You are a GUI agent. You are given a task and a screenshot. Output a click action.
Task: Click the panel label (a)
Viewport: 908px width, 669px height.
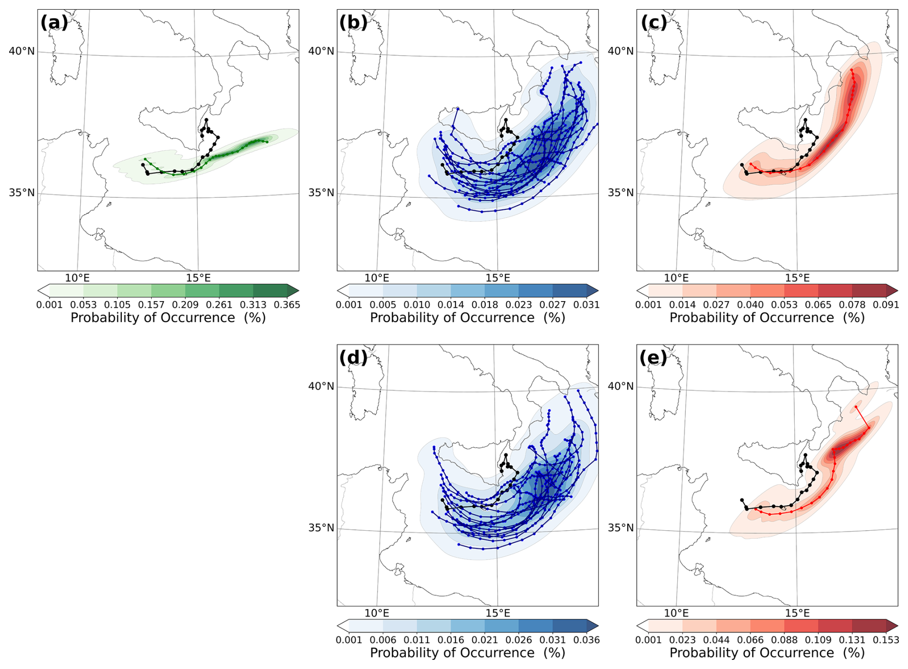54,23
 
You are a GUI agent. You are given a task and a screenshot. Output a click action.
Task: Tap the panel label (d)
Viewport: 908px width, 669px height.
353,357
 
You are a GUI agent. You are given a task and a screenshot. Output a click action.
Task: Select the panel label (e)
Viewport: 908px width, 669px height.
653,357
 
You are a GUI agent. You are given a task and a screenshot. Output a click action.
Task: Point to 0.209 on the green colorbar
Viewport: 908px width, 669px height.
186,304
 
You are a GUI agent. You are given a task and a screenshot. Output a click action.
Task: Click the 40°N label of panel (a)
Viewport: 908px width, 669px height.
22,51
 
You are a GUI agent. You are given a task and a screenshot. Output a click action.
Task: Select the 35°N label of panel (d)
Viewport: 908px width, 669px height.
321,528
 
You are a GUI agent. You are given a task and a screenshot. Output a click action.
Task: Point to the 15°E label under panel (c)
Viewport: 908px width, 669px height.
797,278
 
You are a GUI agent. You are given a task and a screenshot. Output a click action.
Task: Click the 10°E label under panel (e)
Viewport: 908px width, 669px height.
676,613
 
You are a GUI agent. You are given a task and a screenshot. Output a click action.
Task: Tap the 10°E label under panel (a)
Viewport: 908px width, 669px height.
77,278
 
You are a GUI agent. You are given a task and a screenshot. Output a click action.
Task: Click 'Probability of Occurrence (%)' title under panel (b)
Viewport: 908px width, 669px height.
467,317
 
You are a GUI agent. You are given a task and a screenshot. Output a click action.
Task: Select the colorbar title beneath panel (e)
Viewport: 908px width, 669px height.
767,653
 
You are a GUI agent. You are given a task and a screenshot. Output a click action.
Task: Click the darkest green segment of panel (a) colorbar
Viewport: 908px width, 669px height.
270,290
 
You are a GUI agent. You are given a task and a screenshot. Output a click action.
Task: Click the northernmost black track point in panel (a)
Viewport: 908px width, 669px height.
206,120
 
